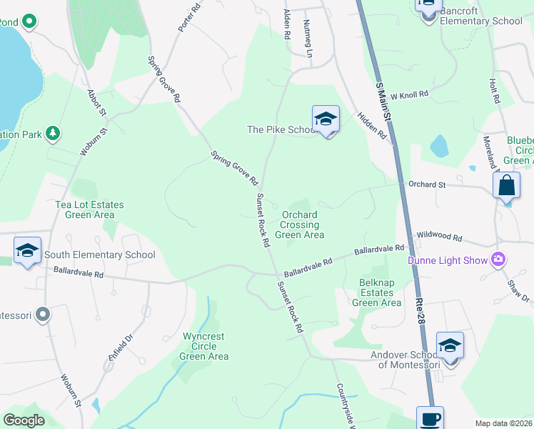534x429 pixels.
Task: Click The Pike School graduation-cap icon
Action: (x=326, y=119)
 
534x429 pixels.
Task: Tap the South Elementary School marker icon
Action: (x=27, y=250)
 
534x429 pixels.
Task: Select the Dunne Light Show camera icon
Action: (x=498, y=260)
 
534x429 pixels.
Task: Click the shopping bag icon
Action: (x=506, y=185)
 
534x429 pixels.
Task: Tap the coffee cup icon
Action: (x=430, y=418)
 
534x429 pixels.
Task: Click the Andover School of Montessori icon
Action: (x=450, y=345)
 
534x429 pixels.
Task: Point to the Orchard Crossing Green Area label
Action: (x=299, y=225)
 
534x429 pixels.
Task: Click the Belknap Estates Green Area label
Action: (x=376, y=292)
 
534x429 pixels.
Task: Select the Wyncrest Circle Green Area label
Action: (x=204, y=346)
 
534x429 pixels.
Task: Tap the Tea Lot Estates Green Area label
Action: (x=89, y=209)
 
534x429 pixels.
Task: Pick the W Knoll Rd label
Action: (x=409, y=94)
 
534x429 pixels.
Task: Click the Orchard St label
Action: (x=427, y=184)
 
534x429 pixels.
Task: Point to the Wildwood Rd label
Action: (x=439, y=237)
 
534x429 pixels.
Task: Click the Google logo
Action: (x=24, y=420)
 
